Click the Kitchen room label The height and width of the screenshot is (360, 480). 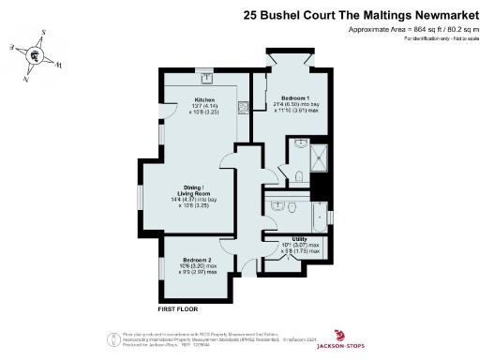coord(204,99)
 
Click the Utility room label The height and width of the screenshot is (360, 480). coord(299,239)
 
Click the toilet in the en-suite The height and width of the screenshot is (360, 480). coord(295,175)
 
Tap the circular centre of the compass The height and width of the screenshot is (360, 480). coord(35,55)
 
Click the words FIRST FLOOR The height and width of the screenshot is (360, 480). coord(178,308)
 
